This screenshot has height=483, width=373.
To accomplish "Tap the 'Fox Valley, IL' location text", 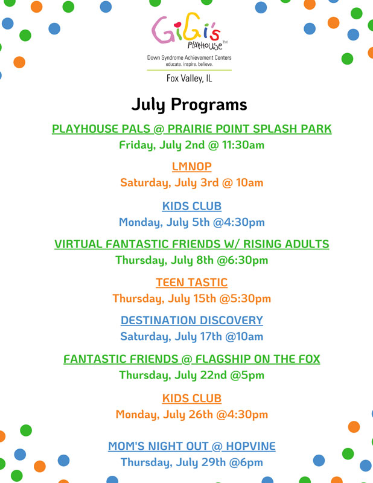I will (189, 78).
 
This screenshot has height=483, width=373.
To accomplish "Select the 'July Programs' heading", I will (189, 104).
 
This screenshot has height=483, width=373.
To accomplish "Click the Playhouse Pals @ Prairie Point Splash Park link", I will (191, 129).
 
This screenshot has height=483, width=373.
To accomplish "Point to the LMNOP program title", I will (191, 167).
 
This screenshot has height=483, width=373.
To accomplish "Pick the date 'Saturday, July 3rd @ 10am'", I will (191, 182).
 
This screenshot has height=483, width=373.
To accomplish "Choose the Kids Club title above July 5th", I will (191, 206).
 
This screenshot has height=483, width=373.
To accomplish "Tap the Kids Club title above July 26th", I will (191, 398).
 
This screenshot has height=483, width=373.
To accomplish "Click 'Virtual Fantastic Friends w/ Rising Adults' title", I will (191, 244).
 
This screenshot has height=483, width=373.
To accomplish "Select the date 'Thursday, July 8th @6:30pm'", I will (191, 260).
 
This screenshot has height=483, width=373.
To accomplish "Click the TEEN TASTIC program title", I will (191, 282).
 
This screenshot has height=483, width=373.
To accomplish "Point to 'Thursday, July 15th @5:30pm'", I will (191, 298).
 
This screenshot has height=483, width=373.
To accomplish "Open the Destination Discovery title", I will (191, 320).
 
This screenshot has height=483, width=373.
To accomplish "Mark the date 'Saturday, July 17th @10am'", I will (191, 336).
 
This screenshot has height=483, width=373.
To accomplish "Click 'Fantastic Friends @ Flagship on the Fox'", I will (191, 359).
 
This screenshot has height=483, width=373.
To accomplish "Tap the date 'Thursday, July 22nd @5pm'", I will (191, 375).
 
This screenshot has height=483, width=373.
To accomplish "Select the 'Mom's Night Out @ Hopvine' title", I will (191, 446).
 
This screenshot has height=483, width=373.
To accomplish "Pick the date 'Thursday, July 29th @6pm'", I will (191, 462).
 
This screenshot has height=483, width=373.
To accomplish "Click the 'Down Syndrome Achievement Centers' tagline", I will (189, 57).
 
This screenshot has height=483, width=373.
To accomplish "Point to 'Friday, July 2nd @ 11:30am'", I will (191, 145).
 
